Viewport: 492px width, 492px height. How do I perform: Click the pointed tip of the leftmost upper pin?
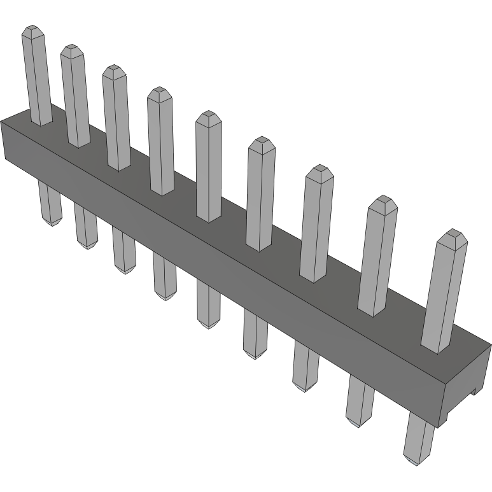32,30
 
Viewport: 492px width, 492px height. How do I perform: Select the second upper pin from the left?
75,95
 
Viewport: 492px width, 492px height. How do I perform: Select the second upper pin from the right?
379,255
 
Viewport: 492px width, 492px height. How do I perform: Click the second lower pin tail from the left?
86,226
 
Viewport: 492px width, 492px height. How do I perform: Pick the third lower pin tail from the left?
124,251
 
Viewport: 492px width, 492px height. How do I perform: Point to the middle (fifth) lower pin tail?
207,306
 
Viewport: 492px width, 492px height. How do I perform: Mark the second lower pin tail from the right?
360,401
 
